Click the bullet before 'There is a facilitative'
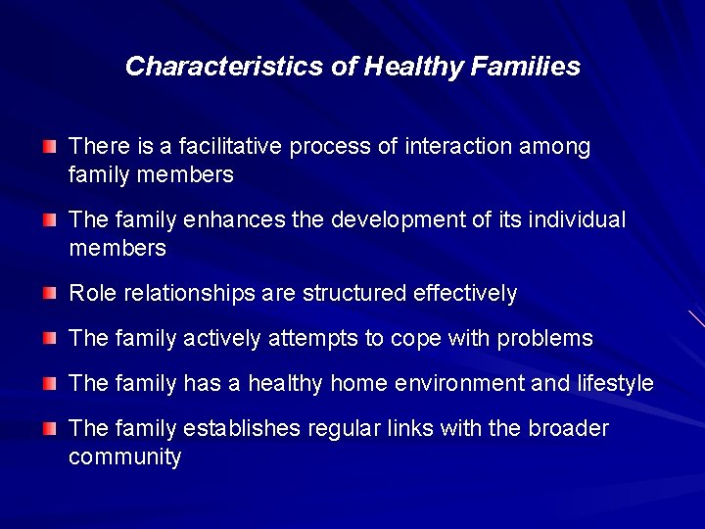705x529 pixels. click(49, 147)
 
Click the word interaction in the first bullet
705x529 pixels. click(459, 147)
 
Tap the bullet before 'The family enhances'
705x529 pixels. click(49, 220)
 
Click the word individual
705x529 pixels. click(577, 220)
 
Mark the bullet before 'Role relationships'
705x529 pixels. click(49, 293)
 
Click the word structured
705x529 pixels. click(355, 293)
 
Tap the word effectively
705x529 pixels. click(465, 293)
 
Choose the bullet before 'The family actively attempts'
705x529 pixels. click(49, 339)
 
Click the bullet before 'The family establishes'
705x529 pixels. click(49, 429)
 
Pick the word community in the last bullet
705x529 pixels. click(125, 457)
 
